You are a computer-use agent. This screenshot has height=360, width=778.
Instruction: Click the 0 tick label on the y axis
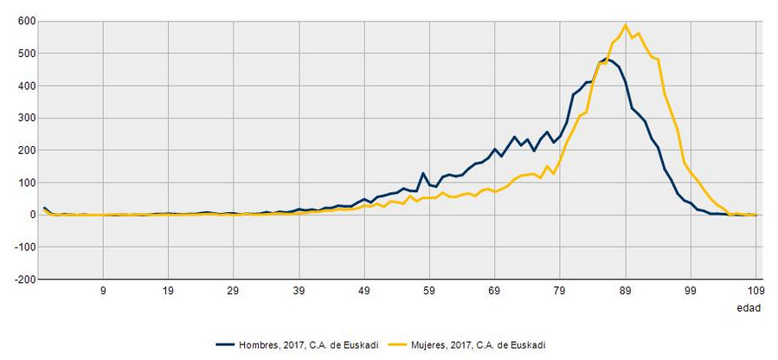[31, 215]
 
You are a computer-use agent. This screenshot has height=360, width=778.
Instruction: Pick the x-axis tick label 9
[103, 292]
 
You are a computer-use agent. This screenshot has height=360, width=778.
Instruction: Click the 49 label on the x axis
[364, 292]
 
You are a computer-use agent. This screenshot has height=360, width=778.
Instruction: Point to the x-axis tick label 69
[495, 292]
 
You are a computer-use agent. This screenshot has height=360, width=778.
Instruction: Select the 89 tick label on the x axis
[626, 292]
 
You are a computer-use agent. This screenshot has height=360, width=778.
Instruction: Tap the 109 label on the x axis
[755, 292]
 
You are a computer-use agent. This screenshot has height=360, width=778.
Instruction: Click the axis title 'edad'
[748, 308]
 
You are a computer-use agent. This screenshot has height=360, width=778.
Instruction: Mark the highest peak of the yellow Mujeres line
[626, 25]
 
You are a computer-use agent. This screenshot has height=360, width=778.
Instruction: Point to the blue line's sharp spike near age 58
[423, 173]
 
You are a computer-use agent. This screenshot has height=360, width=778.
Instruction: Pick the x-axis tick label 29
[234, 292]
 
